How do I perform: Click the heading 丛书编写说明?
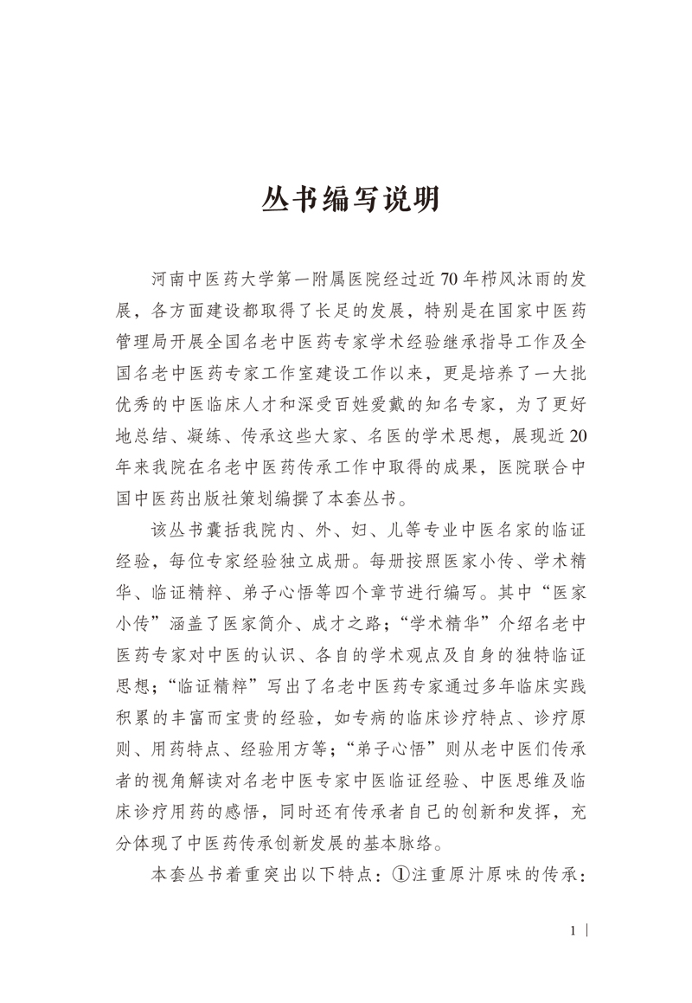[350, 200]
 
